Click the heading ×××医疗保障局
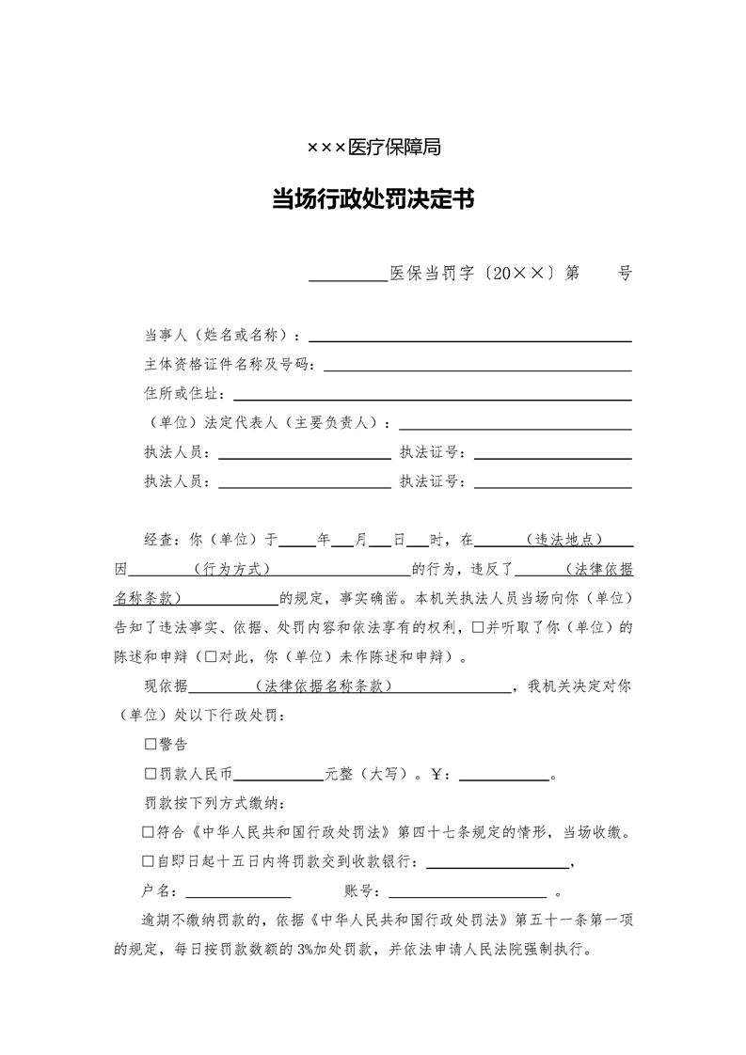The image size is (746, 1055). (x=373, y=148)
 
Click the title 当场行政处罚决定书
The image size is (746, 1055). (x=373, y=200)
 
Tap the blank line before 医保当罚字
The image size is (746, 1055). (x=348, y=276)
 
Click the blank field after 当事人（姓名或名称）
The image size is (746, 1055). (x=470, y=336)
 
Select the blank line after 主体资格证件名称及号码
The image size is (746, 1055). (x=477, y=365)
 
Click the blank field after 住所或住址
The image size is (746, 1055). (x=432, y=394)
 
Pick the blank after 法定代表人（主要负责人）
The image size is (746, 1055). (x=515, y=423)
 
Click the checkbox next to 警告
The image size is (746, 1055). (x=150, y=744)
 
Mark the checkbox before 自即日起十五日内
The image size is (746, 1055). (x=148, y=861)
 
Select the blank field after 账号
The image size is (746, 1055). (x=467, y=891)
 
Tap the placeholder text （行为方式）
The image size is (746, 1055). (x=230, y=570)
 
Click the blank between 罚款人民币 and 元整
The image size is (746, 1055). (x=278, y=776)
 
